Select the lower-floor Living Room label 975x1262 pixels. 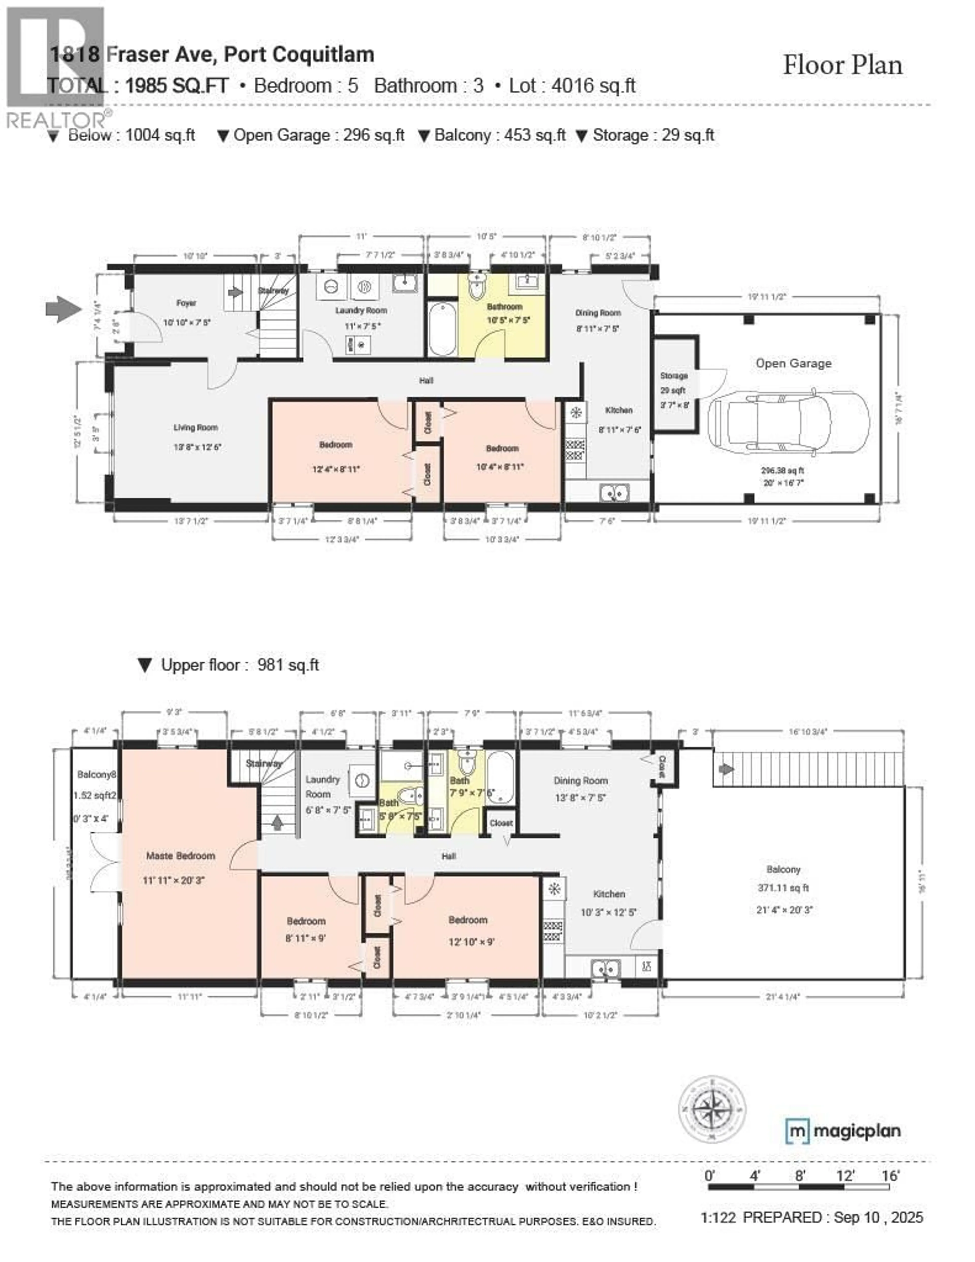click(195, 428)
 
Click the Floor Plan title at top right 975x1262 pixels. click(842, 65)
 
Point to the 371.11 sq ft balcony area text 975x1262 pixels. click(783, 888)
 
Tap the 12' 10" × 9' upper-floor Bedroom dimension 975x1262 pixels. click(471, 942)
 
